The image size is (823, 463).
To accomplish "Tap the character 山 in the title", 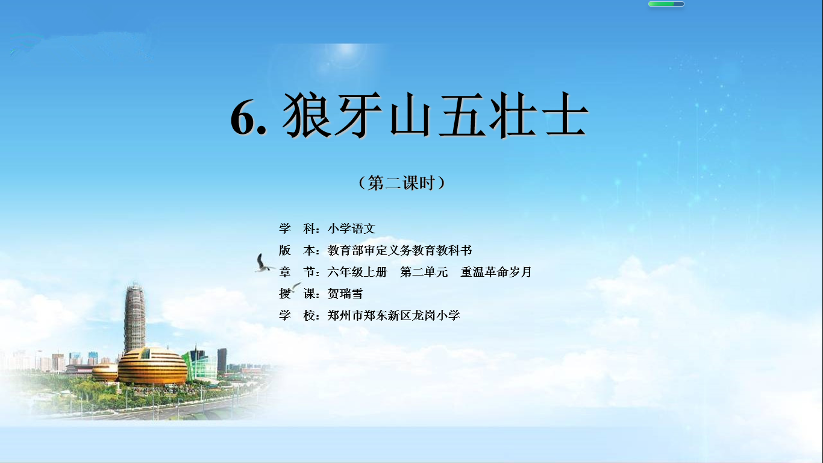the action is [x=410, y=116].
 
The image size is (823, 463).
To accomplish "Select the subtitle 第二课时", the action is [x=401, y=183].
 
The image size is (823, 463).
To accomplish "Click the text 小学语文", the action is [x=351, y=228].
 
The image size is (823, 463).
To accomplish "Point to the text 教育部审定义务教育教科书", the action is [x=399, y=250].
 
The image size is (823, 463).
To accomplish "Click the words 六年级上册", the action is [x=357, y=272].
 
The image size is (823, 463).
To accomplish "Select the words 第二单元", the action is [x=424, y=272].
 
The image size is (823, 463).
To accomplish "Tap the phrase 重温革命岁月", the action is [x=496, y=272].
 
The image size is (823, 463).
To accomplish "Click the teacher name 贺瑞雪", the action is [x=345, y=294].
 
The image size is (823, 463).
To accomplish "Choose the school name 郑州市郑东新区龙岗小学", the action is [x=393, y=315].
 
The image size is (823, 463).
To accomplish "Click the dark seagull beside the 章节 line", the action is [x=263, y=263].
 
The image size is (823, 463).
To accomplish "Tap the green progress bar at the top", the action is [x=666, y=4].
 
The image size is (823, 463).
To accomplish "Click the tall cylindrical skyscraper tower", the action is [x=134, y=318].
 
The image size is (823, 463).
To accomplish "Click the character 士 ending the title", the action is [x=566, y=115].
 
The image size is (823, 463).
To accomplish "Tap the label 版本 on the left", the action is [x=296, y=250].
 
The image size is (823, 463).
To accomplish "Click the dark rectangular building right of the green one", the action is [x=222, y=360].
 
